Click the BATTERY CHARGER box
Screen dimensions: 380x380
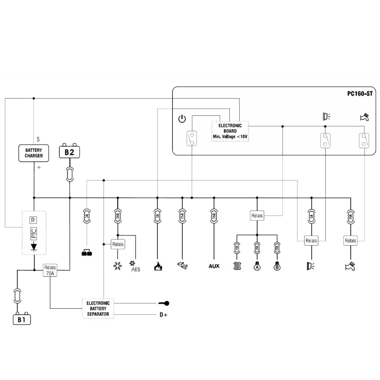34,153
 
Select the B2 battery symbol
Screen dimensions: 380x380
69,151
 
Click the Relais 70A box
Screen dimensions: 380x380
50,270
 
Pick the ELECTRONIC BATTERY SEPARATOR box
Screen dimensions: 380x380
98,309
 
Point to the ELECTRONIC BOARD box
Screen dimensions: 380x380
230,131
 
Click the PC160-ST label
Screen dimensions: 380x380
360,94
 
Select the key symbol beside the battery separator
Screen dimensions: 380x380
164,303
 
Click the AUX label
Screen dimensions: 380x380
214,266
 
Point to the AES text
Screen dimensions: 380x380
136,269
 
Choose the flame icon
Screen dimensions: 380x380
157,266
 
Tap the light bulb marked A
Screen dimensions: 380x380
257,266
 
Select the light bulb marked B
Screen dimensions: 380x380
276,266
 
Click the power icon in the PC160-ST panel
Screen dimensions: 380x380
182,119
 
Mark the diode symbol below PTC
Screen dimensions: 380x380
34,246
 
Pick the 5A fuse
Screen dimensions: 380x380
311,216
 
